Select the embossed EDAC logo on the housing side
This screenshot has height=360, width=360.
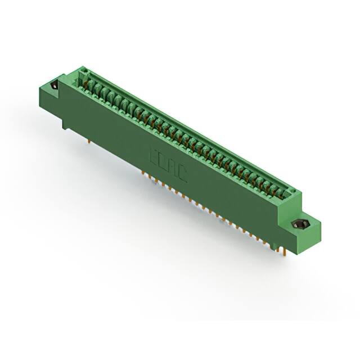168,165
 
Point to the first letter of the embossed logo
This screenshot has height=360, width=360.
153,155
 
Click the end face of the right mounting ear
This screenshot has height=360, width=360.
316,231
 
